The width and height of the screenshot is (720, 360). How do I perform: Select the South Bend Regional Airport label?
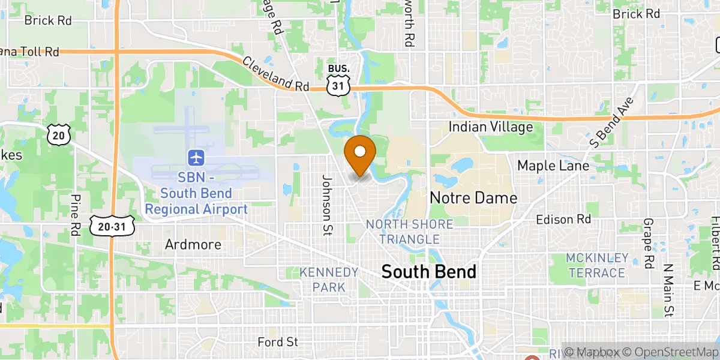pyautogui.click(x=196, y=194)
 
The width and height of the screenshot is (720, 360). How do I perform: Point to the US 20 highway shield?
pyautogui.click(x=58, y=135)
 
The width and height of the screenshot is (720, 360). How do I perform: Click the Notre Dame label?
pyautogui.click(x=473, y=197)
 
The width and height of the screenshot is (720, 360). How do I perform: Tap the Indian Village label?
pyautogui.click(x=491, y=127)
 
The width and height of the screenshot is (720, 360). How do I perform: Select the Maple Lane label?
pyautogui.click(x=553, y=165)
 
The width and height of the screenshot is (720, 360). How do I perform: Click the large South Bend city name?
pyautogui.click(x=429, y=272)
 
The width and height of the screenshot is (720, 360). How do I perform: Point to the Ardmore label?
pyautogui.click(x=193, y=245)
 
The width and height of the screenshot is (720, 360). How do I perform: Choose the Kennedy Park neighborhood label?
pyautogui.click(x=329, y=280)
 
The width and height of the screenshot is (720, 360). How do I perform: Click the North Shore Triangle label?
pyautogui.click(x=410, y=232)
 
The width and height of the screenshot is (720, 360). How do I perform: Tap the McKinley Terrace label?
pyautogui.click(x=596, y=265)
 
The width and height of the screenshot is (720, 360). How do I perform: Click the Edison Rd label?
pyautogui.click(x=563, y=220)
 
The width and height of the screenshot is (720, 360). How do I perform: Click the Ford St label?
pyautogui.click(x=277, y=342)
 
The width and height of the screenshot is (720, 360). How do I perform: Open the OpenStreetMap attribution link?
pyautogui.click(x=670, y=352)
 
